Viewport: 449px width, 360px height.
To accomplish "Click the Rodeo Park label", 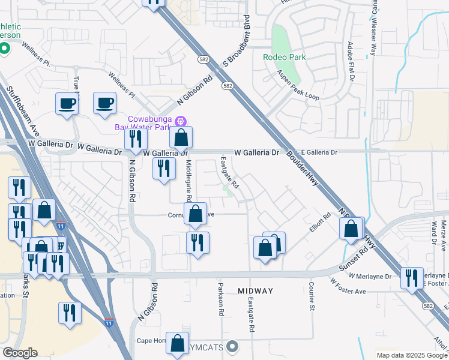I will tap(284, 58).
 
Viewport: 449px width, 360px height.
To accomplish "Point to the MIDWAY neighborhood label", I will tap(255, 291).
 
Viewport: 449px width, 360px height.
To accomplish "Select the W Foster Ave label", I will tap(348, 287).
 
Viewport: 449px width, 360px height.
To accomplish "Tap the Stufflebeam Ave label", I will tap(23, 112).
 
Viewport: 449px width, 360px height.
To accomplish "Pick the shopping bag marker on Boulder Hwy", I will tap(351, 228).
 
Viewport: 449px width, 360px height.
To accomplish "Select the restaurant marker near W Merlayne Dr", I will tap(412, 278).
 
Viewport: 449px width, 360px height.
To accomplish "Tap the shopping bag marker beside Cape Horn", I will tap(177, 343).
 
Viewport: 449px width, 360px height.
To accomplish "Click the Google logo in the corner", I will tap(20, 353).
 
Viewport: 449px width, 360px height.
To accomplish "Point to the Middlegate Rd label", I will tap(188, 181).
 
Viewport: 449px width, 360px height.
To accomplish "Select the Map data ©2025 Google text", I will tap(411, 355).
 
